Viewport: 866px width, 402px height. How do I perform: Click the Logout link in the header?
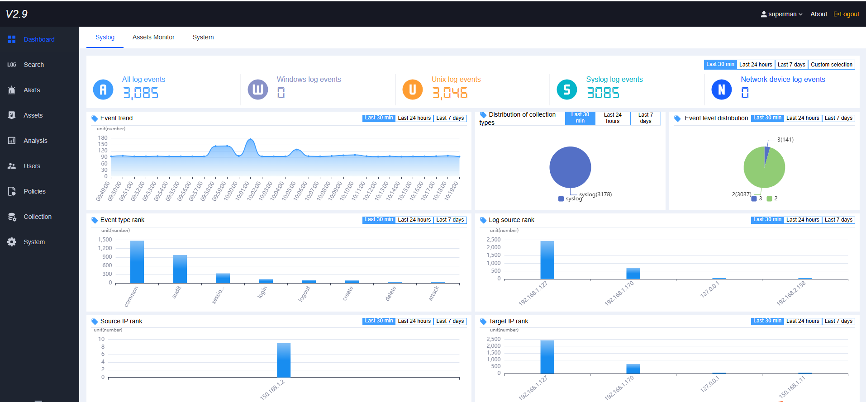pos(847,14)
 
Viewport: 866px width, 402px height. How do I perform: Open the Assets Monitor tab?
pos(153,37)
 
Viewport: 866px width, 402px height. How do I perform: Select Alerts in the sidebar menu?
pos(32,90)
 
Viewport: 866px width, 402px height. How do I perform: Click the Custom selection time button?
pos(831,65)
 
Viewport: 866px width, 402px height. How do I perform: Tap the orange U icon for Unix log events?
pos(412,90)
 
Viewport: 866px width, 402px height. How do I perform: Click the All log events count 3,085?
pos(141,93)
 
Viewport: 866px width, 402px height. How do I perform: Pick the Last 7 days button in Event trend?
pos(450,118)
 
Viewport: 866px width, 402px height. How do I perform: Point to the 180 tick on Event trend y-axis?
pos(103,138)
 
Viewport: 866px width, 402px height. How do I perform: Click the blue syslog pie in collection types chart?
pos(570,167)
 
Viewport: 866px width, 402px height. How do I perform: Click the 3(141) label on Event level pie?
pos(785,140)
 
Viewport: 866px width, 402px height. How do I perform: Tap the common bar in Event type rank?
pos(137,262)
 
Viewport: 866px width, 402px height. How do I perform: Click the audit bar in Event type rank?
pos(180,269)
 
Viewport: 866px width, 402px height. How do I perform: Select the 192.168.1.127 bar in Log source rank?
pos(547,260)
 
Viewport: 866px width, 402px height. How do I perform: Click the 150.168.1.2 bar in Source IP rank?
pos(284,360)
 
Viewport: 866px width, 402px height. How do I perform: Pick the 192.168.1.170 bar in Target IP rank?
pos(633,369)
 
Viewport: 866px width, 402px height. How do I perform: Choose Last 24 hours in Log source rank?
pos(802,220)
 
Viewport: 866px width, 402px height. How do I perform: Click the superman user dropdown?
pos(781,14)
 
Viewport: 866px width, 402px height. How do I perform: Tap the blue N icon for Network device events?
pos(721,90)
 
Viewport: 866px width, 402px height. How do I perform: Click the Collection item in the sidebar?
pos(38,217)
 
